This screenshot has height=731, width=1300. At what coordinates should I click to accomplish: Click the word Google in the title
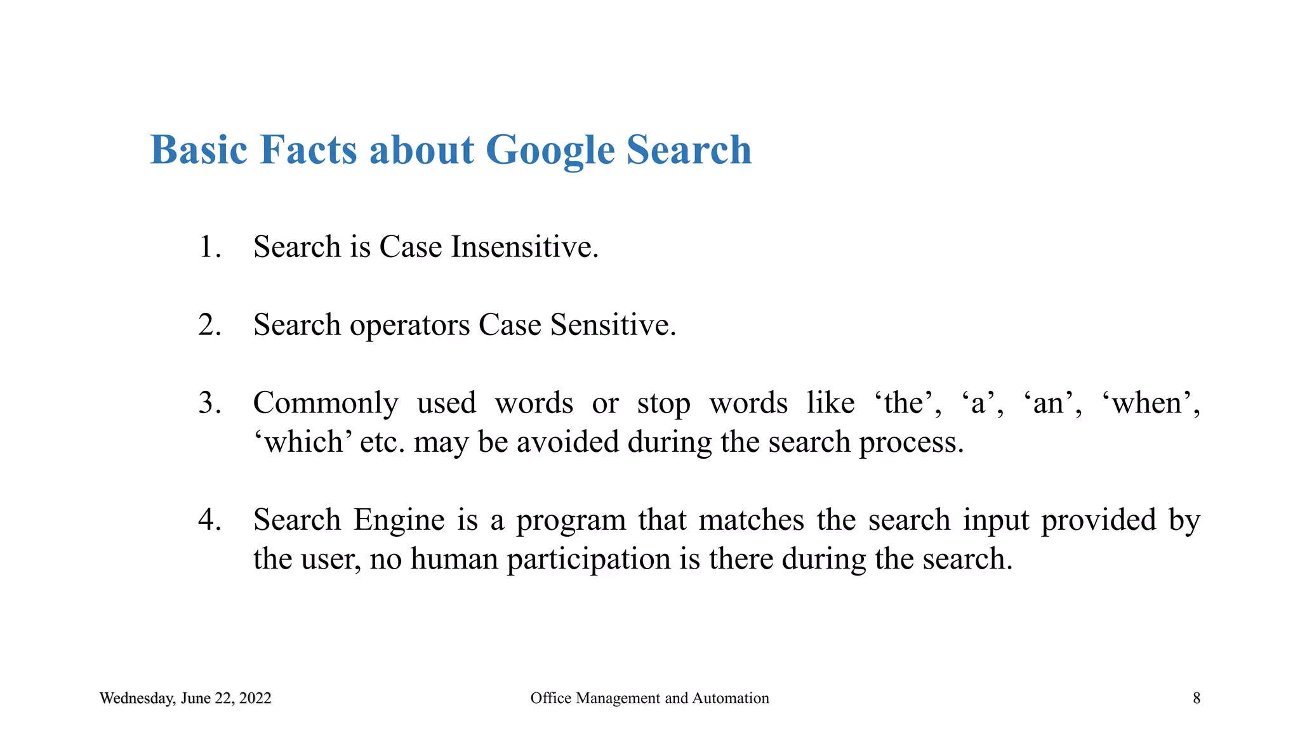click(550, 150)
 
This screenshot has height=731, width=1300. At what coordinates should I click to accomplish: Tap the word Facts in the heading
click(308, 150)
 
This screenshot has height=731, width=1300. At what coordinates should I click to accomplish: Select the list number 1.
click(209, 247)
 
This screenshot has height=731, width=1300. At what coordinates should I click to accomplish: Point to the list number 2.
click(209, 325)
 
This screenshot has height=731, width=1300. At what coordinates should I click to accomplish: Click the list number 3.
click(209, 403)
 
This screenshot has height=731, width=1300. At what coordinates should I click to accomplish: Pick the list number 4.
click(209, 520)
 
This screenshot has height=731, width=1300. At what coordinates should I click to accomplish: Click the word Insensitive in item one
click(524, 247)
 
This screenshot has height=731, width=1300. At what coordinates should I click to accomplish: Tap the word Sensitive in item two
click(613, 325)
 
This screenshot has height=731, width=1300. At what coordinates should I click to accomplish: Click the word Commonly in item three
click(326, 404)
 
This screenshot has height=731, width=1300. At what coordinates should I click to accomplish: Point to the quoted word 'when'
click(1155, 403)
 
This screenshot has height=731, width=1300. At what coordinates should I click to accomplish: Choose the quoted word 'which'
click(303, 442)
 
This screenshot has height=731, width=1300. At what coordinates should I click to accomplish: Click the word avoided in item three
click(567, 442)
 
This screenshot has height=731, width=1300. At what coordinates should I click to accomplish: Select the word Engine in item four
click(399, 521)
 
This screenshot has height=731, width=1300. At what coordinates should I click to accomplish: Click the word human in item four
click(454, 560)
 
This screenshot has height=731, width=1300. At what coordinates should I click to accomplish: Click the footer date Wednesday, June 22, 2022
click(185, 699)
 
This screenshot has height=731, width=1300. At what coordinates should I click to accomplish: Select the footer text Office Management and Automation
click(649, 699)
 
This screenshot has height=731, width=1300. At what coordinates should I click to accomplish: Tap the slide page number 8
click(1197, 699)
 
